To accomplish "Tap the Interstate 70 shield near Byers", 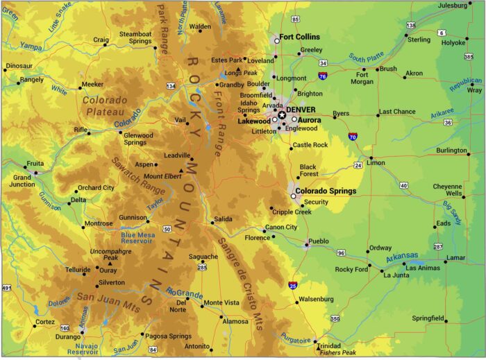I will pos(353,137).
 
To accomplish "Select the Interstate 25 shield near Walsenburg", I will pos(294,284).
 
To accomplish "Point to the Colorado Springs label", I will pos(326,191).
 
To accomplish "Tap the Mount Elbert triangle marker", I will pos(182,171).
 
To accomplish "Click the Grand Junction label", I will pos(23,181).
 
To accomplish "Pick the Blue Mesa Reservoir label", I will pos(137,239).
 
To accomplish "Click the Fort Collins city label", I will pos(300,37).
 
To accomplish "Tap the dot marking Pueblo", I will pos(306,244).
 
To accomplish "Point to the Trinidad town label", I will pos(328,345).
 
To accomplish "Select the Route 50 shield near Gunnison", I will pos(167,229).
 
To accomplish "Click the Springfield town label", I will pos(428,318).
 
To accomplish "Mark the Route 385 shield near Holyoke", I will pos(468,56).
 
